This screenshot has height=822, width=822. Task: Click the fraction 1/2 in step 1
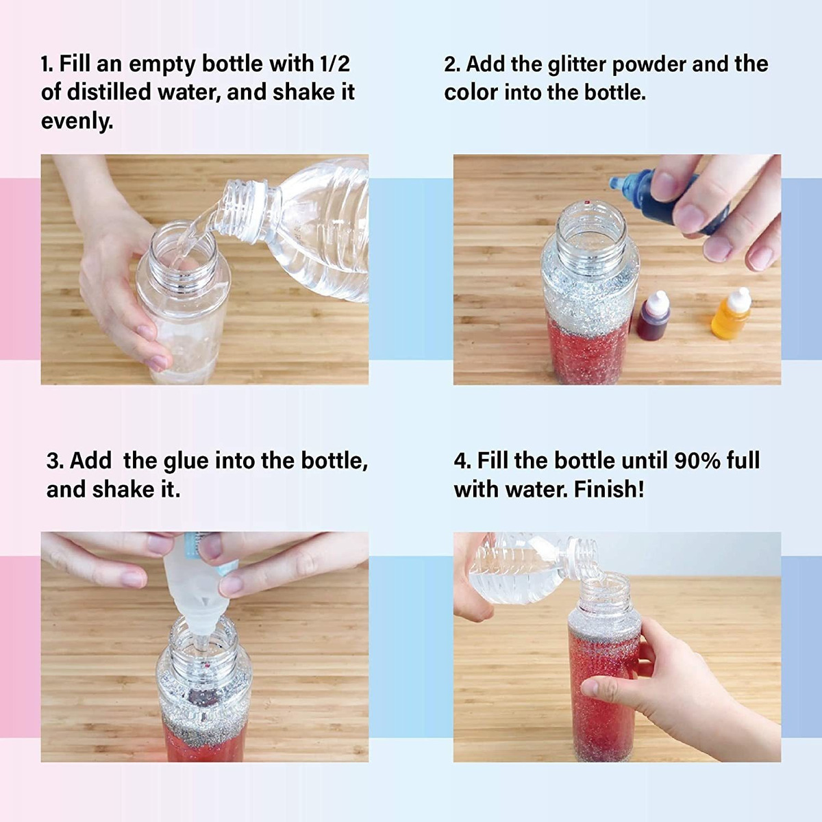point(334,64)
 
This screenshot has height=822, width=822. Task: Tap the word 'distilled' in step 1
point(109,92)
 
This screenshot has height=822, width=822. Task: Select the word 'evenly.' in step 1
point(77,121)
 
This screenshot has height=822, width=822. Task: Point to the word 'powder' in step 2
point(649,65)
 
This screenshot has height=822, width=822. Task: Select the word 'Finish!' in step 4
point(609,489)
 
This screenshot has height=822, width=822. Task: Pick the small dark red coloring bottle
point(653,316)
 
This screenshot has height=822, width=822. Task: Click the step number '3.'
point(55,461)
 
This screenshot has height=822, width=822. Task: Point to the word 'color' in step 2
point(471,93)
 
